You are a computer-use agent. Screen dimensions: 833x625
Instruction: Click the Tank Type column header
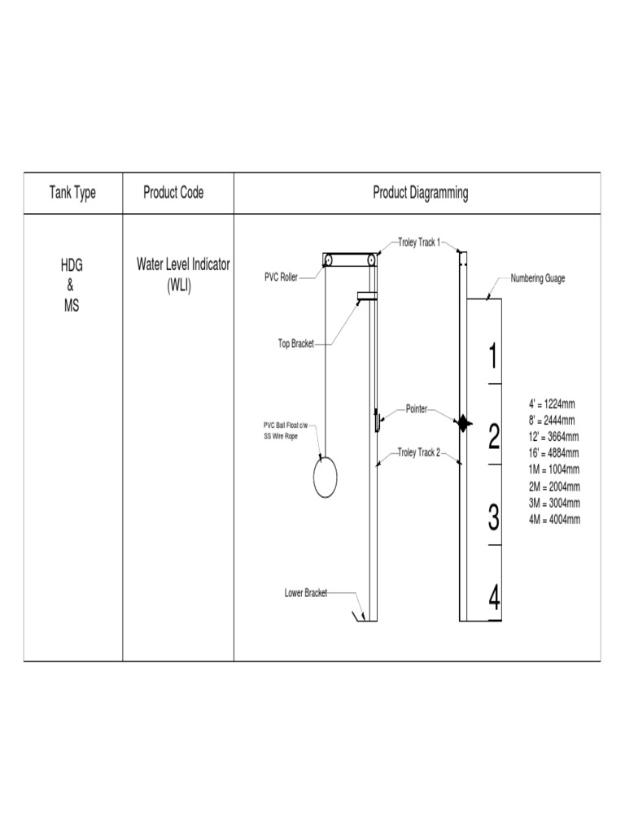[x=72, y=193]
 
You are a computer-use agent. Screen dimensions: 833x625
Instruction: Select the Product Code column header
[x=173, y=193]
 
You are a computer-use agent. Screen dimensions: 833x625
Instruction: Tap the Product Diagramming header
[x=420, y=193]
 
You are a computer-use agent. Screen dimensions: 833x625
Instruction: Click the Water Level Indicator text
[x=183, y=265]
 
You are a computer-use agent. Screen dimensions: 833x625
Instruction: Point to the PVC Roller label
[x=280, y=277]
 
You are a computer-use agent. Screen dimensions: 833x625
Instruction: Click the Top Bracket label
[x=296, y=344]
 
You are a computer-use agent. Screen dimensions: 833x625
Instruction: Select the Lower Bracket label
[x=306, y=593]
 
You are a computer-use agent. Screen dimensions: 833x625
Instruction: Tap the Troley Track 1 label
[x=419, y=242]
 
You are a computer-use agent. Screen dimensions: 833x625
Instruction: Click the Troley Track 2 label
[x=418, y=452]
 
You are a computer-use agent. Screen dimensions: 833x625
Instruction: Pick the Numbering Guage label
[x=538, y=278]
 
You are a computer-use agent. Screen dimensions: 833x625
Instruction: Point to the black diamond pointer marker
[x=462, y=423]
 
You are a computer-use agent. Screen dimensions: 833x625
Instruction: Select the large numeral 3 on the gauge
[x=493, y=517]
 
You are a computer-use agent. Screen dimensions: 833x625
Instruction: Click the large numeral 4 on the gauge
[x=494, y=600]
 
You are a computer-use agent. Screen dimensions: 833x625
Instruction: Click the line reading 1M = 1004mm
[x=554, y=469]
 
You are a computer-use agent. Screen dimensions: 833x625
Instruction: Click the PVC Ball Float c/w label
[x=291, y=425]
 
